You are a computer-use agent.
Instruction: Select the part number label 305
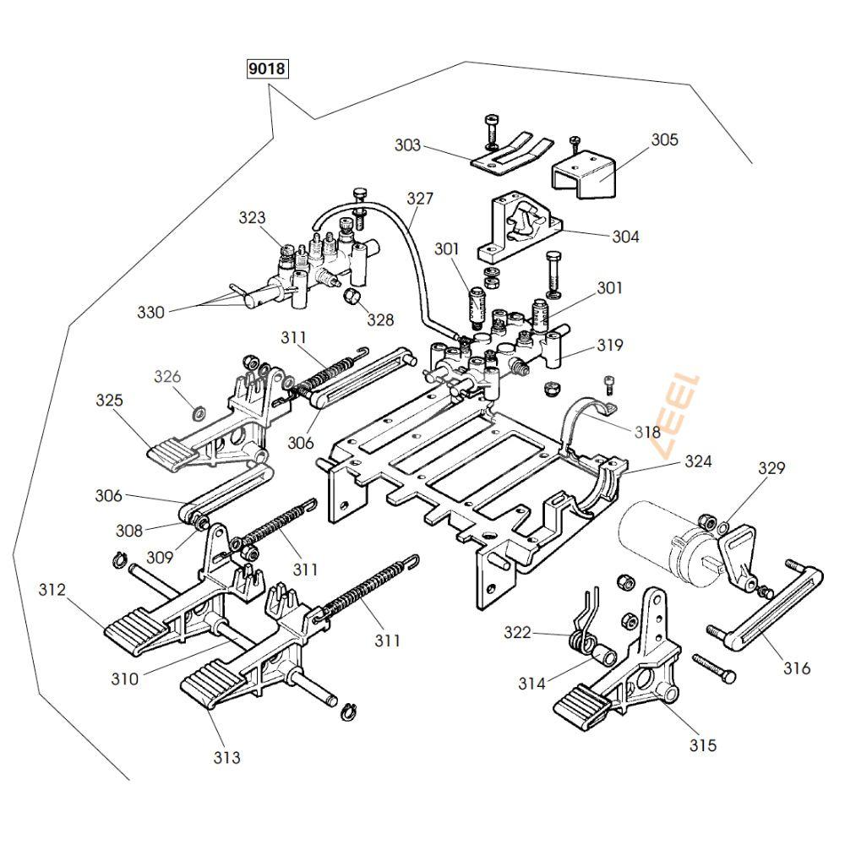(664, 139)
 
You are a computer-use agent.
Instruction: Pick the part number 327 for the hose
(419, 199)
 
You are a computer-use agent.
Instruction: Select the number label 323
(252, 217)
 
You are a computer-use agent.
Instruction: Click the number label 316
(796, 668)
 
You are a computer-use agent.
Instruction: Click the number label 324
(698, 461)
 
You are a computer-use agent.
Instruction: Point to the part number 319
(609, 345)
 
